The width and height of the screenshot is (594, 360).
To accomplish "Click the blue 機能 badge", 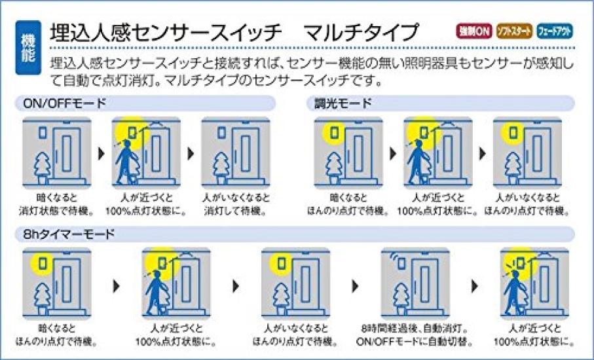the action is click(x=28, y=48).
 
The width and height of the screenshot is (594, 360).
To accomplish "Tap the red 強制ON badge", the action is click(x=474, y=31).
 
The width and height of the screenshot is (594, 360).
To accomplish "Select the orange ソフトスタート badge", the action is click(x=514, y=31).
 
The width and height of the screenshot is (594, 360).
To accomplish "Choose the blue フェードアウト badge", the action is click(x=555, y=31).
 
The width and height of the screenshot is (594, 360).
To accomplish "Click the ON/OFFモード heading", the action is click(x=65, y=103).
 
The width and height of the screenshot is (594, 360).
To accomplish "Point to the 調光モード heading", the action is click(x=343, y=103).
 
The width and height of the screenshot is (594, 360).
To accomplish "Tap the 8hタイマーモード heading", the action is click(x=69, y=234).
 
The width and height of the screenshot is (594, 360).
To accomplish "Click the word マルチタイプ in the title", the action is click(x=362, y=33).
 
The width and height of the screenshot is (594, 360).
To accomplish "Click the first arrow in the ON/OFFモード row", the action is click(x=101, y=153).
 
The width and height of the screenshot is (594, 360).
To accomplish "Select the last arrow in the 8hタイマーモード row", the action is click(x=474, y=286).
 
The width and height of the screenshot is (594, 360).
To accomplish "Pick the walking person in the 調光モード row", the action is click(x=420, y=162).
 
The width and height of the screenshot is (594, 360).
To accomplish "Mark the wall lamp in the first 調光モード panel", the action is click(x=334, y=132).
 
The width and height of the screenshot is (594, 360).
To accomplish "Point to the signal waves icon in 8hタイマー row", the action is click(x=395, y=257).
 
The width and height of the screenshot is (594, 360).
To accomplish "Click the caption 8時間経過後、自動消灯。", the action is click(x=415, y=328).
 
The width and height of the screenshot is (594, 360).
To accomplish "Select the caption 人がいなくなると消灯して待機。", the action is click(x=236, y=204).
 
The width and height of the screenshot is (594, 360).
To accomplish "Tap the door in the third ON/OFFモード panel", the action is click(x=246, y=153).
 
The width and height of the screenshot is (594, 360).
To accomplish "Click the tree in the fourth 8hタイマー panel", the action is click(x=401, y=299).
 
